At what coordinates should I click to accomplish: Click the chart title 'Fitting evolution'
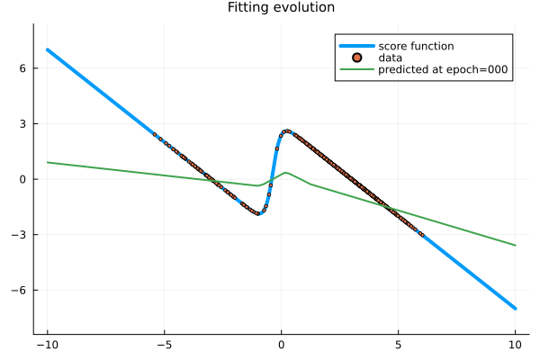[x=281, y=8]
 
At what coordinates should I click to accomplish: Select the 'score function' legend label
[x=416, y=46]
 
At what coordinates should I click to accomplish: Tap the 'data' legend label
[x=391, y=58]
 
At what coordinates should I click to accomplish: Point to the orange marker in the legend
[x=356, y=58]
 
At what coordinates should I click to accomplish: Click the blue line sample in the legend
[x=356, y=46]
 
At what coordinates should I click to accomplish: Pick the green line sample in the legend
[x=356, y=70]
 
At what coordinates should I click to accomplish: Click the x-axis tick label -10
[x=47, y=343]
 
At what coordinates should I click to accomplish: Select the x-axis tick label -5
[x=164, y=343]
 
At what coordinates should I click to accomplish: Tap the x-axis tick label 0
[x=281, y=343]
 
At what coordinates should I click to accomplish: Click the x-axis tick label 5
[x=398, y=343]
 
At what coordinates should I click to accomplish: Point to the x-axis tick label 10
[x=515, y=343]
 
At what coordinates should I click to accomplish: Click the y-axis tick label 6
[x=25, y=68]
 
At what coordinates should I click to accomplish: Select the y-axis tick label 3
[x=25, y=124]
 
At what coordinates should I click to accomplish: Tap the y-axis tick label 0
[x=25, y=179]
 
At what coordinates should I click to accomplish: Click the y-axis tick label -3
[x=22, y=235]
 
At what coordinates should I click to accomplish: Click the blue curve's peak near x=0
[x=287, y=131]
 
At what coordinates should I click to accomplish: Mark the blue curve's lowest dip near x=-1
[x=259, y=213]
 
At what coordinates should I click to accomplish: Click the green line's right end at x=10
[x=515, y=245]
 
